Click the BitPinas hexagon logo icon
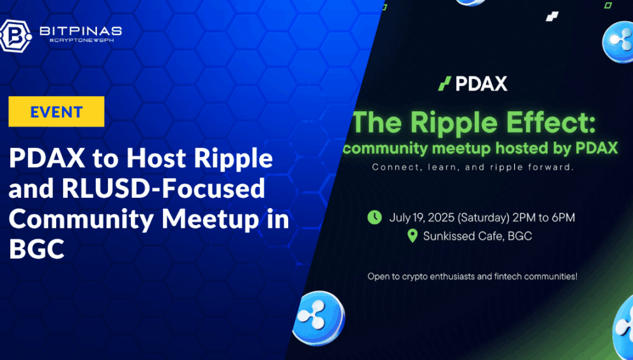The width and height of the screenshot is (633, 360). [x=15, y=36]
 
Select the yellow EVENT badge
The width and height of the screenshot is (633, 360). [x=56, y=112]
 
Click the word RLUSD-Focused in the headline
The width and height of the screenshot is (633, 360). [x=164, y=188]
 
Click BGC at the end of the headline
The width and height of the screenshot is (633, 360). [x=36, y=249]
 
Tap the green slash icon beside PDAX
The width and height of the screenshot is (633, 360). [x=445, y=84]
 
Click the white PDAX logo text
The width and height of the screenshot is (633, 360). [x=481, y=84]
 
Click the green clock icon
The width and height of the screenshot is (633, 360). [x=375, y=217]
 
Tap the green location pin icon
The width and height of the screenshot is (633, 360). [x=412, y=236]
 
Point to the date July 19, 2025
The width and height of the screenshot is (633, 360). [x=421, y=218]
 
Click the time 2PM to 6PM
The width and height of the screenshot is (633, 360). [x=544, y=218]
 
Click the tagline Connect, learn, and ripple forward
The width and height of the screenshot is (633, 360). [x=473, y=167]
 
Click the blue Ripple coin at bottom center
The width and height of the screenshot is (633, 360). [x=321, y=317]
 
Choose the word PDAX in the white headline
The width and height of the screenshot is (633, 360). [x=47, y=158]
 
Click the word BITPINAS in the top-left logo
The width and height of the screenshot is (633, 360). [x=80, y=31]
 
